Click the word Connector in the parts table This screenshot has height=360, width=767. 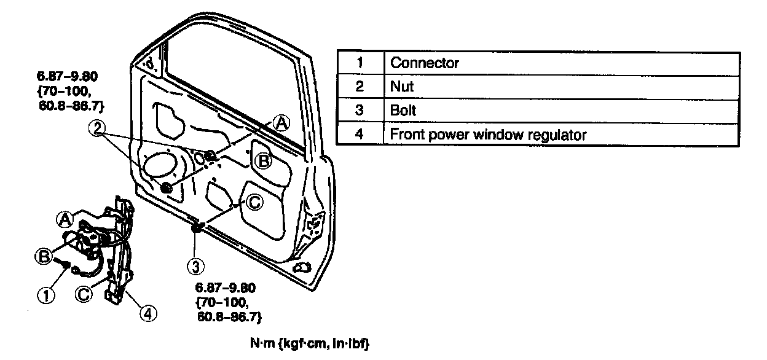[425, 63]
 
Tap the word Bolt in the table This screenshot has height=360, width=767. [403, 111]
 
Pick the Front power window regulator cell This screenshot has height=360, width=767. [489, 135]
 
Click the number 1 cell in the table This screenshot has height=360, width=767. [361, 63]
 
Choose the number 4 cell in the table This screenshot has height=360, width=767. [361, 135]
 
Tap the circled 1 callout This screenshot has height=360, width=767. [47, 295]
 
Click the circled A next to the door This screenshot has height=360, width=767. [280, 123]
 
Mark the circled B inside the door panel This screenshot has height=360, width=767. [263, 161]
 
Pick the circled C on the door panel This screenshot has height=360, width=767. [254, 202]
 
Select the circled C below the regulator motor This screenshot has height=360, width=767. [84, 294]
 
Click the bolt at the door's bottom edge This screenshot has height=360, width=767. [197, 229]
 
